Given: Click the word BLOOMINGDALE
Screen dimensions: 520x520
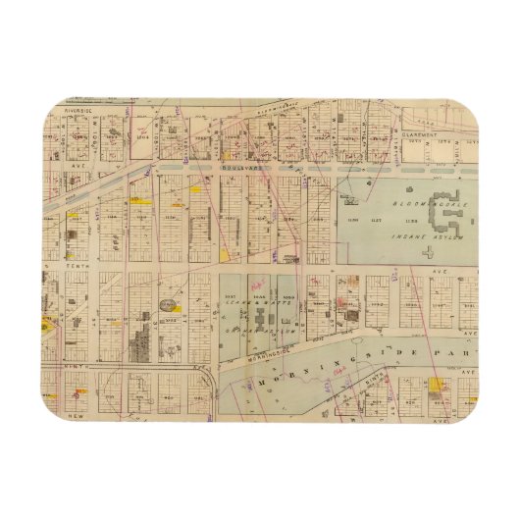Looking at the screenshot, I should click(403, 193).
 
